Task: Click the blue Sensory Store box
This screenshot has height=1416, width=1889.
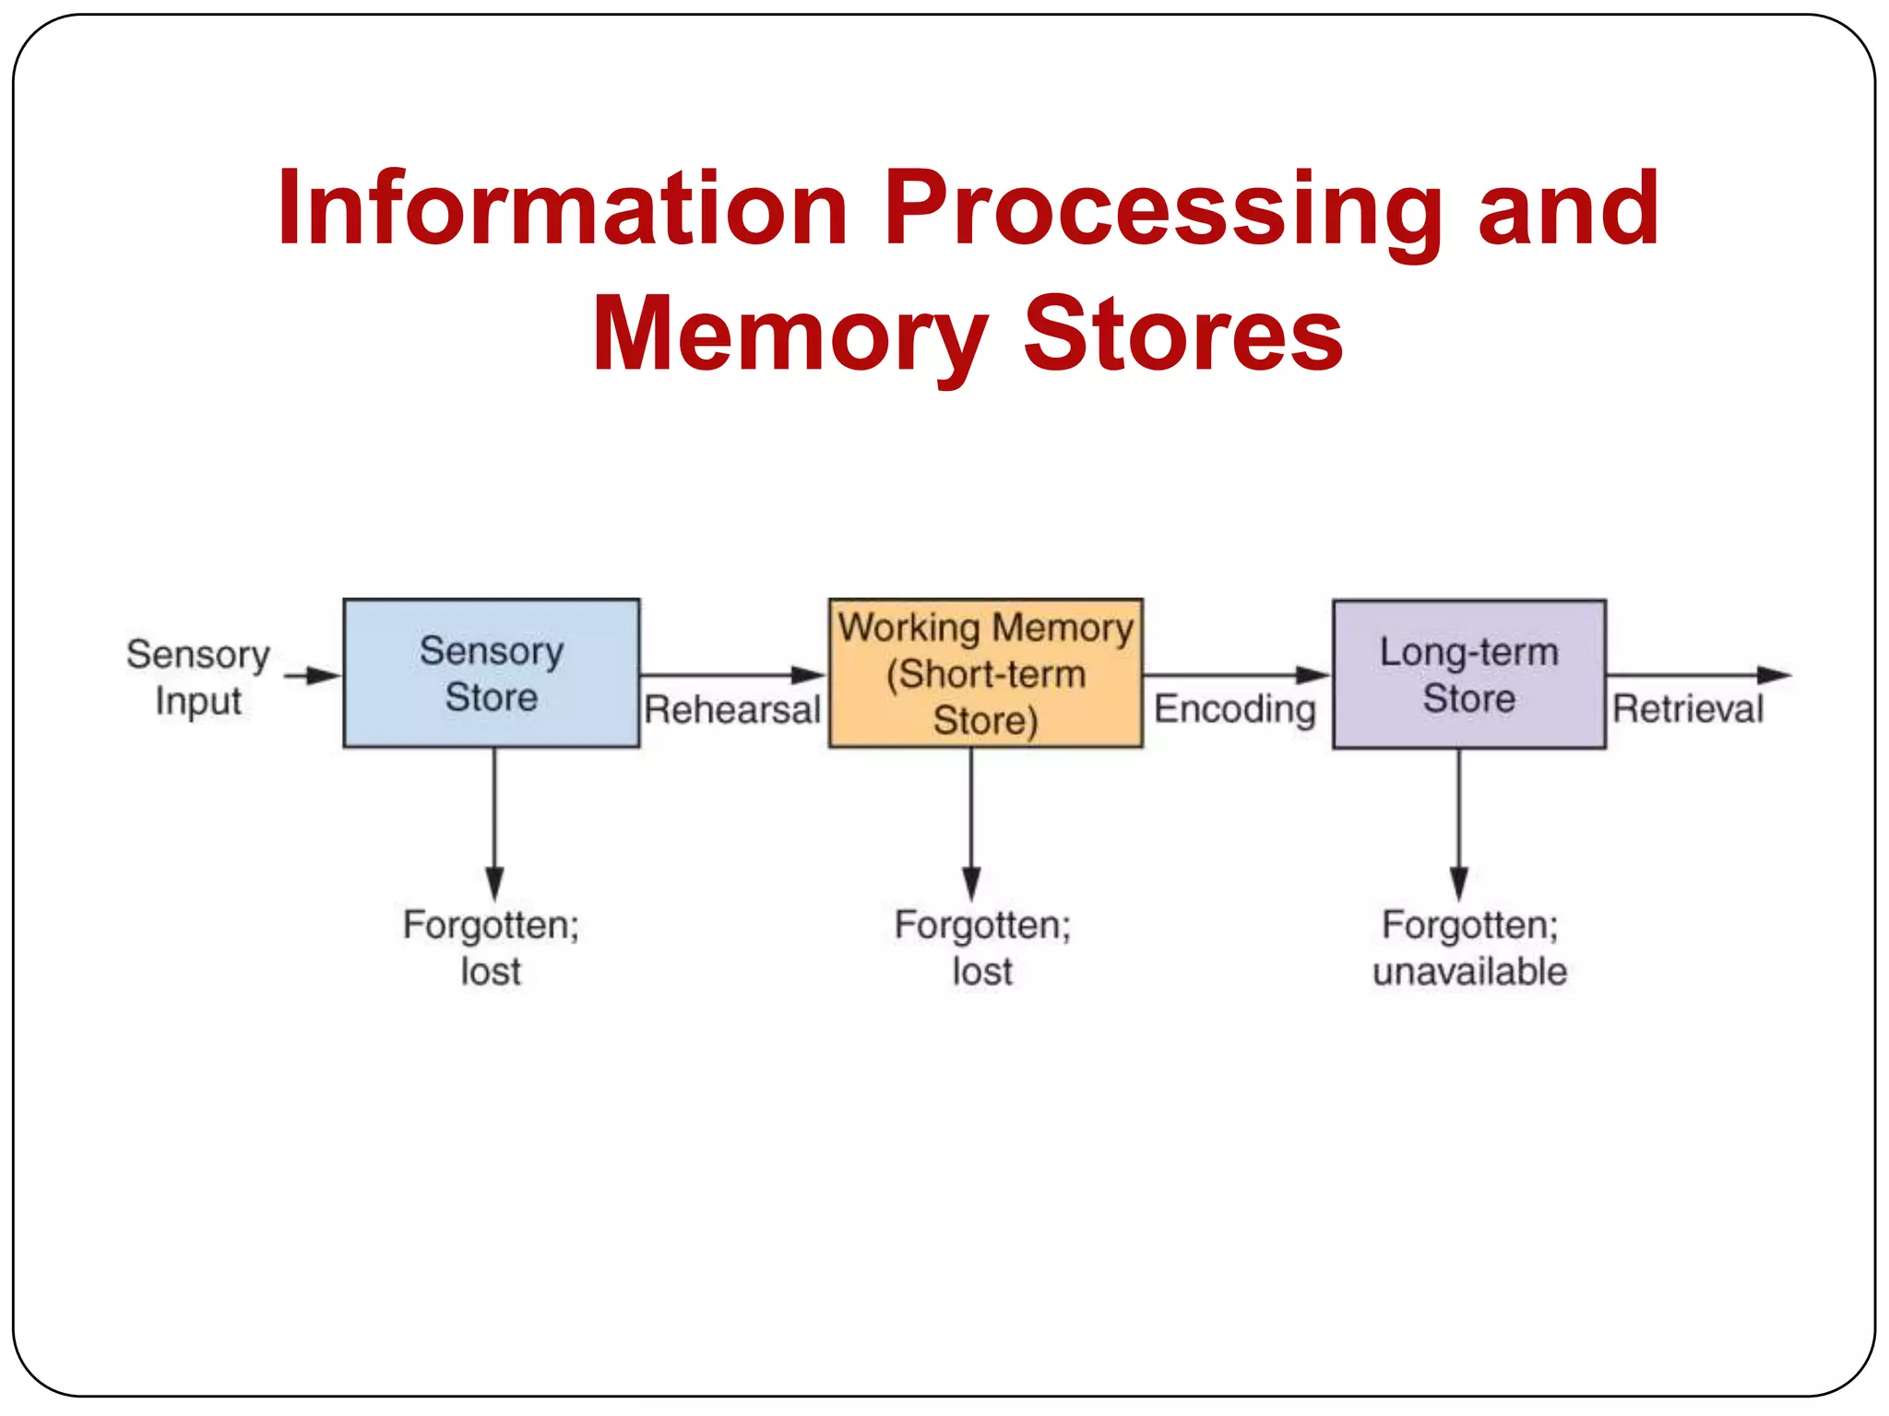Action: (x=491, y=673)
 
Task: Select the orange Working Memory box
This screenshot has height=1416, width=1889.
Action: (x=985, y=673)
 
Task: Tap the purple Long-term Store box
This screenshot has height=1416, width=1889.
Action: (x=1468, y=674)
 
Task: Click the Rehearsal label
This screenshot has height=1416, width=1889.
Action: (x=732, y=710)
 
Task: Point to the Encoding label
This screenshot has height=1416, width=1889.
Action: (x=1235, y=709)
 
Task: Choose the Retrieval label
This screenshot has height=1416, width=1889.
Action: (x=1687, y=709)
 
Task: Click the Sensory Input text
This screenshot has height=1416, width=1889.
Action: (x=197, y=677)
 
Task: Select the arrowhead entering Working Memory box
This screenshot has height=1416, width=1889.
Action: (x=810, y=675)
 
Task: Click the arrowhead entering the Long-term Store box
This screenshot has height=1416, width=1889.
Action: (x=1313, y=675)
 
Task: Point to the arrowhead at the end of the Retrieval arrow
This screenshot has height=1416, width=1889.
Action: (x=1773, y=675)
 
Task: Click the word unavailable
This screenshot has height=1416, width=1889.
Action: (x=1469, y=972)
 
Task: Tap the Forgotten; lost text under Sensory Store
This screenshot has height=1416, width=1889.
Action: (x=491, y=947)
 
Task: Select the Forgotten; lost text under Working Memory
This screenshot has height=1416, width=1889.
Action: (x=982, y=947)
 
